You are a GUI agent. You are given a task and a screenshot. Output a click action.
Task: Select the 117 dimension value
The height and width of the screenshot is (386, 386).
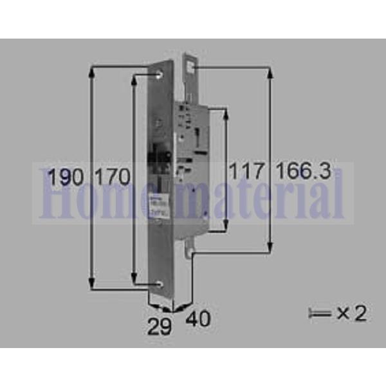pyautogui.click(x=247, y=172)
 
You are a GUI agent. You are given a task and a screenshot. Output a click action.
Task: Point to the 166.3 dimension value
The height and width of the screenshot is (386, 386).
pyautogui.click(x=304, y=172)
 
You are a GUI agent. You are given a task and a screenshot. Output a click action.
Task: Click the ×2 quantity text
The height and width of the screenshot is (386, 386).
pyautogui.click(x=351, y=313)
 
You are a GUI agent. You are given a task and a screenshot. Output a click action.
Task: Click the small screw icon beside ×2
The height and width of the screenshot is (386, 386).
pyautogui.click(x=319, y=314)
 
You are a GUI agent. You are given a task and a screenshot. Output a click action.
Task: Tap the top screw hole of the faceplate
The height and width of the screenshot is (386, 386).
pyautogui.click(x=160, y=76)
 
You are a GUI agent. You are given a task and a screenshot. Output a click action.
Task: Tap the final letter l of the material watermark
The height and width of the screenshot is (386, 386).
pyautogui.click(x=338, y=192)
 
